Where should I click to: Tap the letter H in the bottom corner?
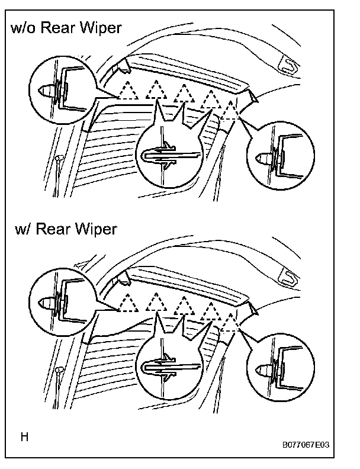24,438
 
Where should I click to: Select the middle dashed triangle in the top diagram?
184,94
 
